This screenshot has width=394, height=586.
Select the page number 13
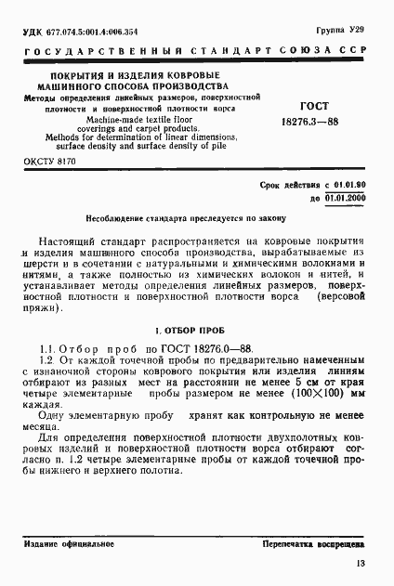pos(361,564)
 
